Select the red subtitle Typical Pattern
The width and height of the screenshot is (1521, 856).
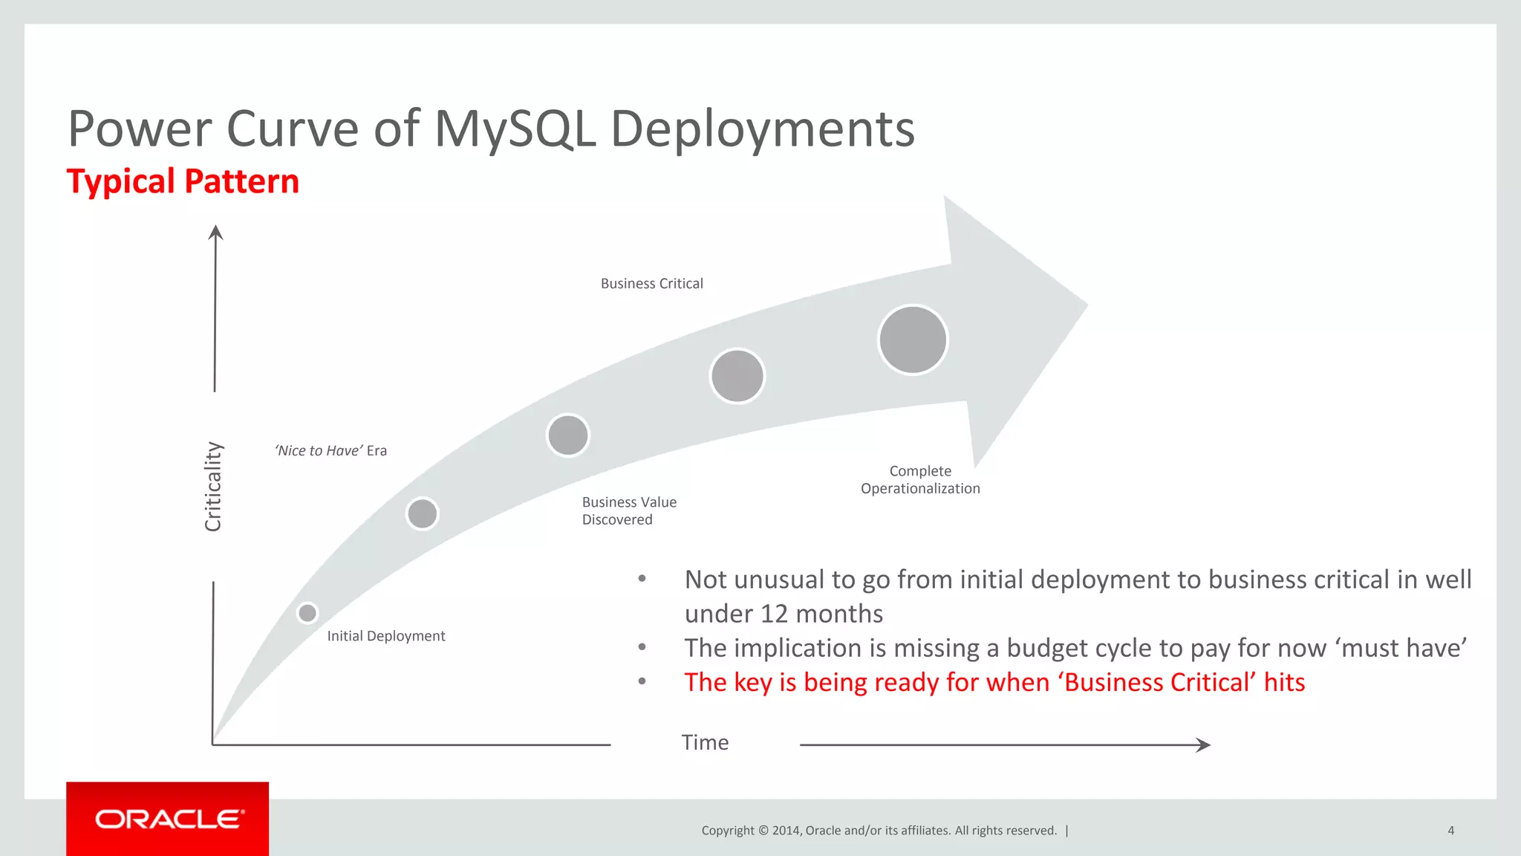tap(183, 181)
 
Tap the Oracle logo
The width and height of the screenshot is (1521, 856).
tap(168, 819)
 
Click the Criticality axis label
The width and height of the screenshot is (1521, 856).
tap(213, 487)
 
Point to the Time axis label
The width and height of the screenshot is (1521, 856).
tap(705, 742)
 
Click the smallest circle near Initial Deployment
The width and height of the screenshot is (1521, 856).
tap(307, 613)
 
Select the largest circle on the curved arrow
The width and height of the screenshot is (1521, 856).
tap(913, 340)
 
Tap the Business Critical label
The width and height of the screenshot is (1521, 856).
tap(651, 283)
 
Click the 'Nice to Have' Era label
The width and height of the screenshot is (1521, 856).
tap(330, 450)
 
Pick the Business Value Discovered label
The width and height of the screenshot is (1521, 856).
tap(628, 510)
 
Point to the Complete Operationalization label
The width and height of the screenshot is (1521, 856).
tap(920, 479)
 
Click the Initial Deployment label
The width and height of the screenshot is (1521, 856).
tap(385, 636)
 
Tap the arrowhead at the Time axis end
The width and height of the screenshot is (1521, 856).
tap(1204, 745)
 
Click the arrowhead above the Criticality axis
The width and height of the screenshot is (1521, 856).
tap(215, 233)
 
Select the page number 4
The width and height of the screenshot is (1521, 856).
tap(1450, 831)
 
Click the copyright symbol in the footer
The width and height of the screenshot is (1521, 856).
tap(763, 831)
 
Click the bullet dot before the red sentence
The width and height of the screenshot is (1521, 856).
tap(642, 681)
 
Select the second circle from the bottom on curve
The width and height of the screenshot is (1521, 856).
tap(423, 513)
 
